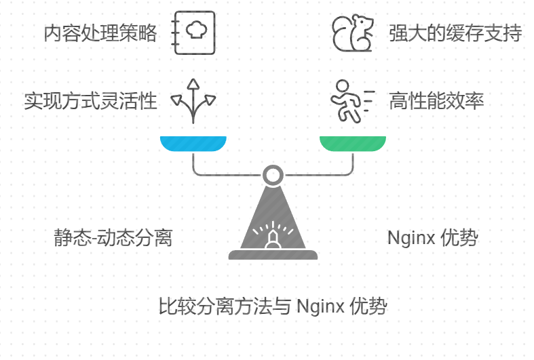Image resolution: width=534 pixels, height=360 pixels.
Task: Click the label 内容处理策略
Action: (x=100, y=33)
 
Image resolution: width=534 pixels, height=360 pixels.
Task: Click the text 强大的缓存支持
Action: (x=455, y=33)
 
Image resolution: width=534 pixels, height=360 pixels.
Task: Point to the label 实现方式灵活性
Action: (x=90, y=102)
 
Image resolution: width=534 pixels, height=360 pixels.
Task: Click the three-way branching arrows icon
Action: (x=193, y=101)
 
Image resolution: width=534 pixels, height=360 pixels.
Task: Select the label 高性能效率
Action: (x=436, y=102)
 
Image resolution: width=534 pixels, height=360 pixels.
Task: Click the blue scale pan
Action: (x=193, y=143)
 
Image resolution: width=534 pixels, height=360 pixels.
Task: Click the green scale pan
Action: (x=353, y=143)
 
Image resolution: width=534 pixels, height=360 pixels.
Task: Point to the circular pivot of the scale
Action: (x=273, y=175)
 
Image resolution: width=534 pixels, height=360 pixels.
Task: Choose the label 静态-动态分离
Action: (x=113, y=238)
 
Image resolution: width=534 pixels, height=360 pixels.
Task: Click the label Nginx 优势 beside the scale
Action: (x=433, y=238)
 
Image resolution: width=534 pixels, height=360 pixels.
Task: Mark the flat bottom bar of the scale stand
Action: (x=273, y=255)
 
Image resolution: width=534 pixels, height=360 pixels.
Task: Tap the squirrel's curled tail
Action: (x=341, y=35)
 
